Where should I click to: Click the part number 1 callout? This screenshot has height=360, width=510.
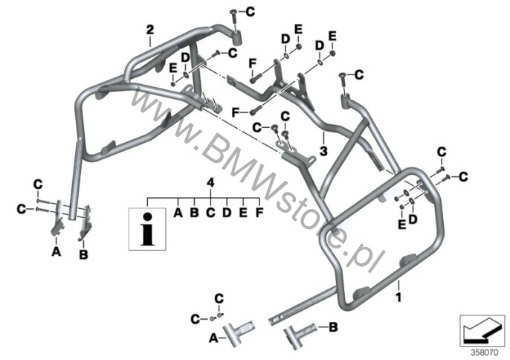[398, 297]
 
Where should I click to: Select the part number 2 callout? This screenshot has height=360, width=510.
[149, 30]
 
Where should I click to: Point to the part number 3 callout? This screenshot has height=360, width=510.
[323, 151]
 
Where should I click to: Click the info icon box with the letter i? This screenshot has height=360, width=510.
[147, 229]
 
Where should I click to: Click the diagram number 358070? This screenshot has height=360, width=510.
[485, 353]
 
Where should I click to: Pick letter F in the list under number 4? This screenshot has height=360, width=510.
[259, 213]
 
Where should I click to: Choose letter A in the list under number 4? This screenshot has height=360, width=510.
[178, 213]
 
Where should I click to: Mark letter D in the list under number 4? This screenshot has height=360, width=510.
[227, 213]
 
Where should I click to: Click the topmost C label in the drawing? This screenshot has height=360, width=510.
[250, 12]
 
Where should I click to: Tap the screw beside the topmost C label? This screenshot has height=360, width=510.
[233, 20]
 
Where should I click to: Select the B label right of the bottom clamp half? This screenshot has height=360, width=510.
[333, 327]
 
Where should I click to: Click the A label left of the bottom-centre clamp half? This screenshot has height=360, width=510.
[213, 338]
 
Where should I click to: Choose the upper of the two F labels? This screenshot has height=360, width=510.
[253, 63]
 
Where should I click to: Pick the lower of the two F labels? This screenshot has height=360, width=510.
[236, 112]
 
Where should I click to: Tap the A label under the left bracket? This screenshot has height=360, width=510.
[57, 251]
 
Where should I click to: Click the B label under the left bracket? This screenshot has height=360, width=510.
[83, 254]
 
